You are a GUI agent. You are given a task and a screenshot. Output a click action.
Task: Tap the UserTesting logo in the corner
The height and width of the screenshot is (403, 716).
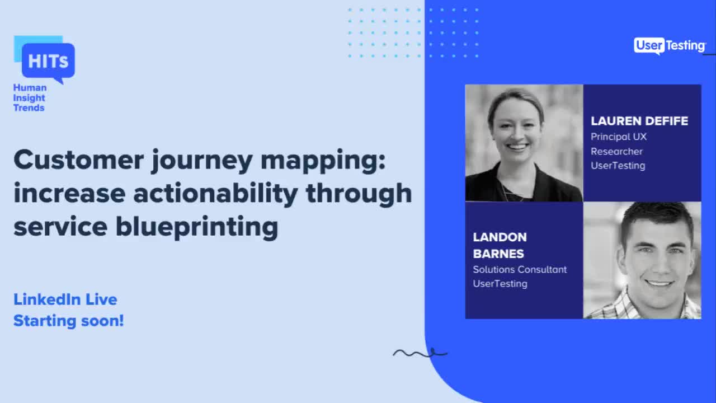tap(670, 46)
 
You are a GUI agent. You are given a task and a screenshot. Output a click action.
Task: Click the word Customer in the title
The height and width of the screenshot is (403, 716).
tap(78, 160)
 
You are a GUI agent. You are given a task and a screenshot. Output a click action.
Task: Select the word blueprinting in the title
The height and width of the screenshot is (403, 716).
tap(196, 227)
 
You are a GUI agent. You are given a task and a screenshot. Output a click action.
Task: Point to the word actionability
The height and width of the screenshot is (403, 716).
tap(215, 193)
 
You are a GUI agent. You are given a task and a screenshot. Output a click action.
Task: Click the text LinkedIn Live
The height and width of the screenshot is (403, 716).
tap(65, 299)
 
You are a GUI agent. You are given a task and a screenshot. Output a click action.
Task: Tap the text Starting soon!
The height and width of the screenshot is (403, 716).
tap(68, 321)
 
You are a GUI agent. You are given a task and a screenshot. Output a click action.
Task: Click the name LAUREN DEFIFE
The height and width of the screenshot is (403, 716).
tap(639, 121)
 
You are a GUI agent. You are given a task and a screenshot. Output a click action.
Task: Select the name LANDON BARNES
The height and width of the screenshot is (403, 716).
tap(500, 245)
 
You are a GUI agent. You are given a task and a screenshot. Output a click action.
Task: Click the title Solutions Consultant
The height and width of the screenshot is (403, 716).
tap(520, 269)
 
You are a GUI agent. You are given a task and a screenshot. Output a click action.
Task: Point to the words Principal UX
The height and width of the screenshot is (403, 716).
tap(619, 137)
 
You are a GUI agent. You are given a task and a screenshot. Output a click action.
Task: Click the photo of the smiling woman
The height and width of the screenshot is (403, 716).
tap(524, 143)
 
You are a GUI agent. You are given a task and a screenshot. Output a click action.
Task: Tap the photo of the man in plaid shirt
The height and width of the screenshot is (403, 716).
tap(642, 260)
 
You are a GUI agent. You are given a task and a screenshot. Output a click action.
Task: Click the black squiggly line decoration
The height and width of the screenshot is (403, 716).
tap(420, 353)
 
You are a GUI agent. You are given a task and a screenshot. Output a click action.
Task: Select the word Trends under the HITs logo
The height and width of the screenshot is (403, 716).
tap(29, 107)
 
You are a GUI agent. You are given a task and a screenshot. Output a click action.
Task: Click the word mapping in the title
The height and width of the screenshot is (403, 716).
tap(323, 160)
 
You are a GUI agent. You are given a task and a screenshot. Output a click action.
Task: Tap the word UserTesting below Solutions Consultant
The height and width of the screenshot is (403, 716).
tap(500, 283)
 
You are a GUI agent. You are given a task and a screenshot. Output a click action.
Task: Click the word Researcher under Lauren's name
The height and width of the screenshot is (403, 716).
tap(616, 151)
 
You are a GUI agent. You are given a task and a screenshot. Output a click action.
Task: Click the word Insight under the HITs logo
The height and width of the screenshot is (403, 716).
tap(29, 97)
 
